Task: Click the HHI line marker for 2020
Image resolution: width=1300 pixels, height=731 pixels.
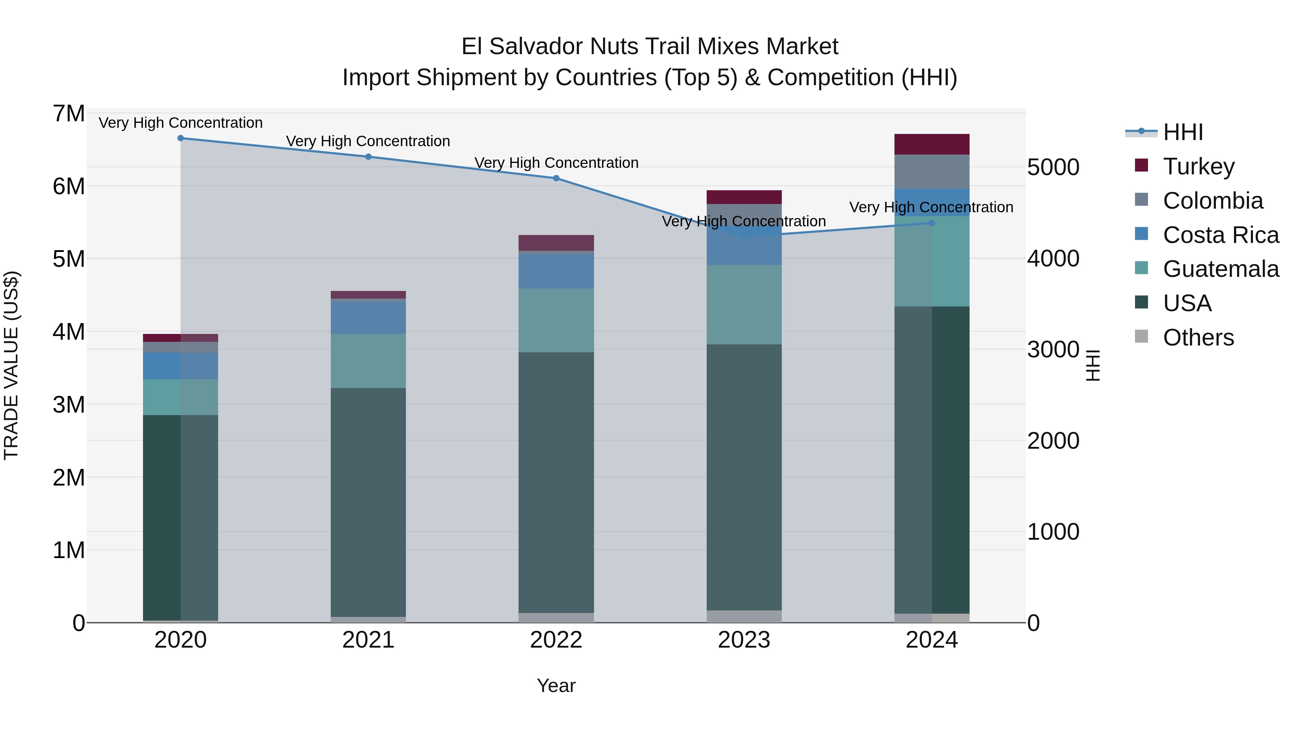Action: [x=181, y=138]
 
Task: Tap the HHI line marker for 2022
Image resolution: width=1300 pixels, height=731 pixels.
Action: [x=556, y=178]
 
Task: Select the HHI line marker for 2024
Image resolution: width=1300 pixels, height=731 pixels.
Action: [x=932, y=223]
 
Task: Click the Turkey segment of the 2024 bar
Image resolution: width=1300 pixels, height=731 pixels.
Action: [x=932, y=144]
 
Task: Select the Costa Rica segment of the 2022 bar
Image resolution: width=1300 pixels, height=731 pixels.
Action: [x=556, y=270]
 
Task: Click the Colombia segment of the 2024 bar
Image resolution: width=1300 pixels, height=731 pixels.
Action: [x=932, y=171]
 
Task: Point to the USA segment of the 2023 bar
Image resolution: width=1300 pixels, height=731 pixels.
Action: [x=744, y=477]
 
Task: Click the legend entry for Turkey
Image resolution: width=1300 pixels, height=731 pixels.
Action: [x=1198, y=166]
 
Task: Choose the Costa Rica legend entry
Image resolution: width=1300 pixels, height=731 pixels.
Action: [x=1220, y=235]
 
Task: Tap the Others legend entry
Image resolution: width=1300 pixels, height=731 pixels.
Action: [x=1198, y=338]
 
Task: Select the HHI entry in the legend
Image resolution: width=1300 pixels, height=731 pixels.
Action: [x=1182, y=132]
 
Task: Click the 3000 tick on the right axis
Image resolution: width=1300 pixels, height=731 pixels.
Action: [x=1053, y=349]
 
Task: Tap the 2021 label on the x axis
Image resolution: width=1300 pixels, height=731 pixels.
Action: [x=368, y=640]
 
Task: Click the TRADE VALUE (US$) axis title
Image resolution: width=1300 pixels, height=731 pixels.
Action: [x=12, y=365]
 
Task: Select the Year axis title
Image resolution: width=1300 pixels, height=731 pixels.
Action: [x=556, y=686]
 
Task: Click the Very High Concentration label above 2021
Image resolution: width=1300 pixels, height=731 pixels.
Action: [x=368, y=141]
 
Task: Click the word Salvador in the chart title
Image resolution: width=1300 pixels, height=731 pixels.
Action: [x=537, y=47]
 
